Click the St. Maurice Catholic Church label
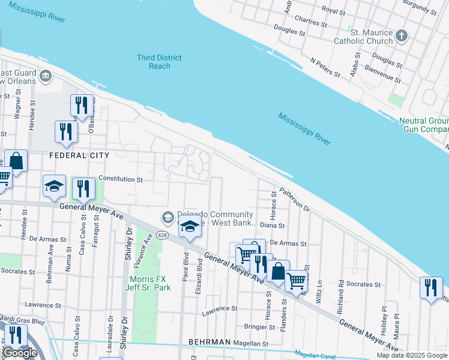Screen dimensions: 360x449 [372, 37]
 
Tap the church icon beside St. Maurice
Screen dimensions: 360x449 [402, 37]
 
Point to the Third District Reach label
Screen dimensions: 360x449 [159, 62]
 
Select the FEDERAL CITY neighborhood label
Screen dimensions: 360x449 [79, 155]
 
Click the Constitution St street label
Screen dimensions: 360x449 [121, 179]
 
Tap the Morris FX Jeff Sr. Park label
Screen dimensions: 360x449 [150, 283]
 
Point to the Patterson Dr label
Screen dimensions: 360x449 [294, 201]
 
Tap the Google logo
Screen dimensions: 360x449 [20, 353]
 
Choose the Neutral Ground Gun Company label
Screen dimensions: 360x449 [424, 125]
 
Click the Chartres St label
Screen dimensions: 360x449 [307, 23]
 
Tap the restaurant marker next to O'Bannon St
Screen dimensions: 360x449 [80, 105]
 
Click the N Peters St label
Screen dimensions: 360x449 [325, 67]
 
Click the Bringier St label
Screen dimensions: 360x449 [259, 326]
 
